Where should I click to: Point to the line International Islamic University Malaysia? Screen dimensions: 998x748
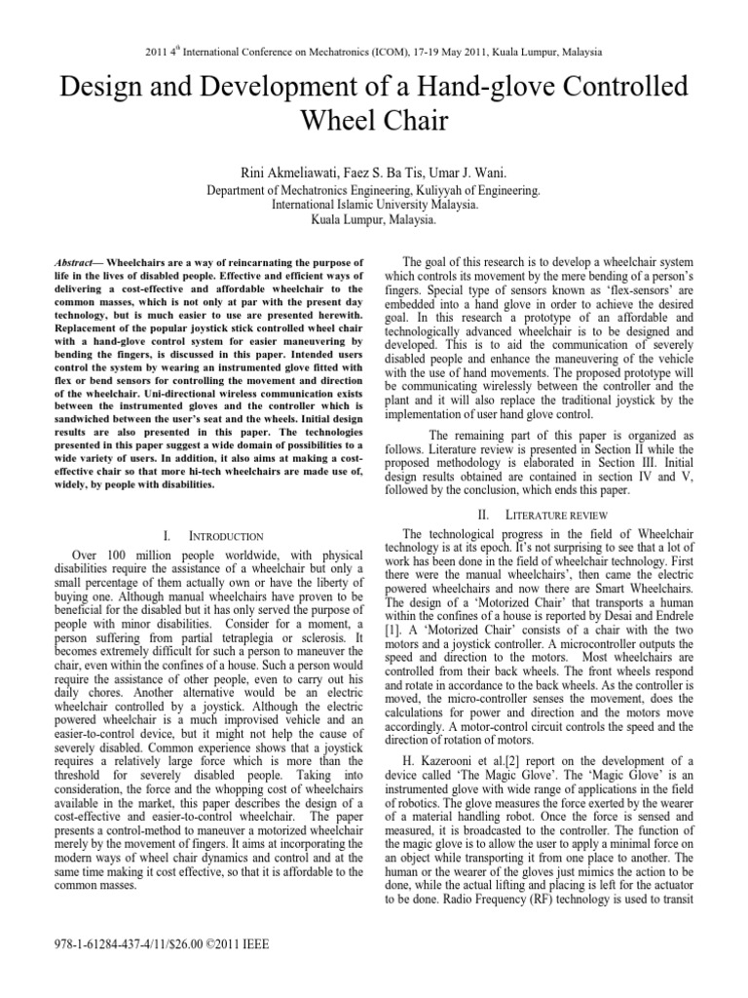(x=373, y=208)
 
